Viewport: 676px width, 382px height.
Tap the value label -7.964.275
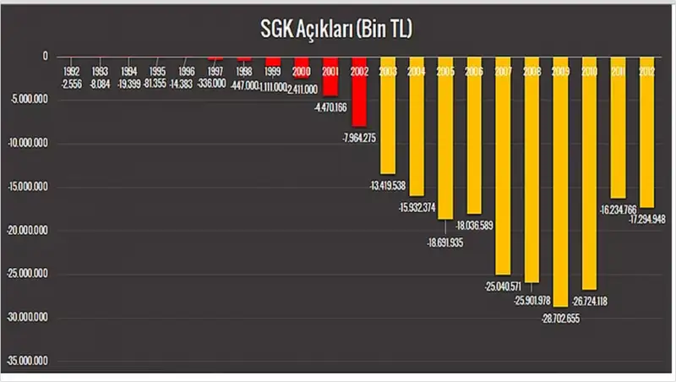point(358,137)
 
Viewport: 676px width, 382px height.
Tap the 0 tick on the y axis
point(46,57)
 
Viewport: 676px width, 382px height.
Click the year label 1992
point(71,73)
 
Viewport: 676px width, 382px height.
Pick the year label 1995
point(157,73)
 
